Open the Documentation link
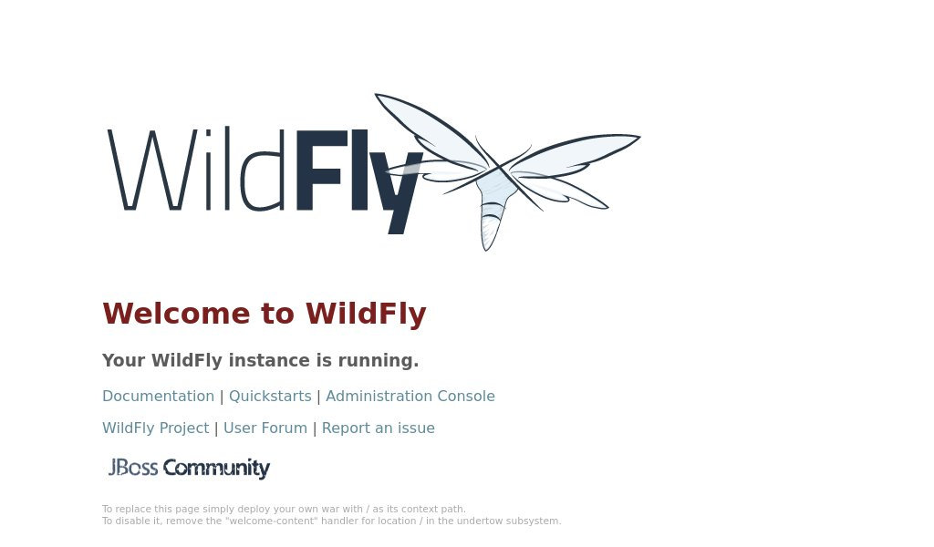tap(159, 397)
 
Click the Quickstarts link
tap(270, 397)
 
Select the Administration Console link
tap(410, 397)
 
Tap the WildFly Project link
tap(155, 428)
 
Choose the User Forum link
tap(265, 428)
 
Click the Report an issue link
tap(379, 428)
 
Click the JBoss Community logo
tap(189, 469)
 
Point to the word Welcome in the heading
tap(176, 314)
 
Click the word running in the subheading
tap(379, 361)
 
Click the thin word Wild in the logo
tap(197, 169)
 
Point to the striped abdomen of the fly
tap(491, 226)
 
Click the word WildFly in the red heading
tap(366, 314)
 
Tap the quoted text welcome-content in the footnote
tap(271, 521)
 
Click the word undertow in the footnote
tap(481, 521)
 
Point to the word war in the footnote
tap(330, 509)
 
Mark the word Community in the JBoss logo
tap(217, 469)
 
